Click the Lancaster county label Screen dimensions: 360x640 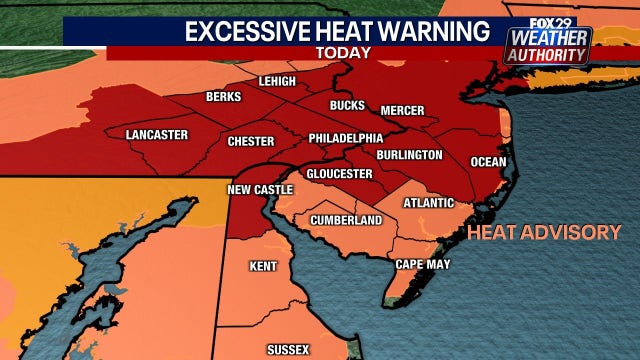(158, 134)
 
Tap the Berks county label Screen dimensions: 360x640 (223, 97)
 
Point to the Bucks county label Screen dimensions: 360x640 (348, 105)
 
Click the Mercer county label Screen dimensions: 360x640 (403, 110)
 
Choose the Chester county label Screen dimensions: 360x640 (250, 142)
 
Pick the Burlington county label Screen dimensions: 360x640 (409, 155)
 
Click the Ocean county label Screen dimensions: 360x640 (489, 162)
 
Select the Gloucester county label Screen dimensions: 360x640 (340, 174)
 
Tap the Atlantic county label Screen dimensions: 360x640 (428, 203)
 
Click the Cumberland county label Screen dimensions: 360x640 (346, 220)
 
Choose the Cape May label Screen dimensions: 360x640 (423, 264)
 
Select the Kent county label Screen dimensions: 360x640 (263, 266)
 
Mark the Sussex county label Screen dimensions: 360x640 (287, 349)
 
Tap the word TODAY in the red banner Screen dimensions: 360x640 (343, 52)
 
